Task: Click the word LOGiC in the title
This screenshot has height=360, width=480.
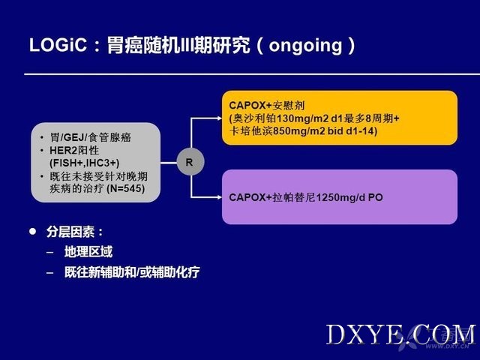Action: click(58, 45)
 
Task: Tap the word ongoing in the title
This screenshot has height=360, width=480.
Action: click(305, 46)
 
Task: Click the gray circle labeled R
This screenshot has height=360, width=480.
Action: click(190, 162)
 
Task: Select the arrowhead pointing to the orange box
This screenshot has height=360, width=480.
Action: click(219, 118)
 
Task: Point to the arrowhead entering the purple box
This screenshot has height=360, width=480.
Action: click(219, 197)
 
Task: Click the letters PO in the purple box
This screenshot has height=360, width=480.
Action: click(376, 197)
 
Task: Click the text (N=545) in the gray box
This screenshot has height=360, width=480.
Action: click(125, 188)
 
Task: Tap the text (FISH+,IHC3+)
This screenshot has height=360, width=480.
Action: click(85, 163)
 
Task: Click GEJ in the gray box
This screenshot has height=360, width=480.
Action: click(74, 137)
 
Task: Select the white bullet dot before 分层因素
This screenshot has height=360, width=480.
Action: click(33, 232)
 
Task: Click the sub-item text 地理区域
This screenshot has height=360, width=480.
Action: click(88, 252)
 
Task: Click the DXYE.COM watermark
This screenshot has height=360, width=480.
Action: click(400, 335)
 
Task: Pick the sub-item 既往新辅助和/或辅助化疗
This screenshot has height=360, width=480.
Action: click(132, 272)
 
